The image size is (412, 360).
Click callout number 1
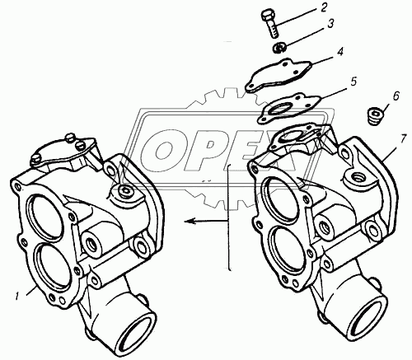pos(17,297)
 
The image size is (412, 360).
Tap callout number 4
pos(340,52)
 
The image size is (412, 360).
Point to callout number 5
pos(353,82)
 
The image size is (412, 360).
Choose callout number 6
pos(396,96)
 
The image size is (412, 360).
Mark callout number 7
pos(403,139)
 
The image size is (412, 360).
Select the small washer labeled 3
pos(280,48)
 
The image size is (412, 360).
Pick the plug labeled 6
pos(374,116)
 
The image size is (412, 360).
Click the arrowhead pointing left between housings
pos(190,221)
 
